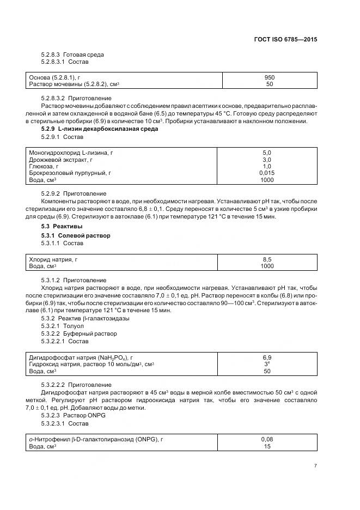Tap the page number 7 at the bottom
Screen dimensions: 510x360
click(315, 465)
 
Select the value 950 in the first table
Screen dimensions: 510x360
click(270, 77)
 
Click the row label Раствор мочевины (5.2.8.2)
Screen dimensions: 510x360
click(74, 84)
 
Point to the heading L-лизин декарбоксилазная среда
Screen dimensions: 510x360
click(100, 129)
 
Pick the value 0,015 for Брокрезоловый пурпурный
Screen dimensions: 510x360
click(267, 173)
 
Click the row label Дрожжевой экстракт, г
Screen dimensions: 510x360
click(60, 160)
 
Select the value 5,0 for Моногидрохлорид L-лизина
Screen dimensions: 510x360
click(267, 153)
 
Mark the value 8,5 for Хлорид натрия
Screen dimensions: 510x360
click(267, 260)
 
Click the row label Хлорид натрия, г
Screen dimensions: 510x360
click(53, 260)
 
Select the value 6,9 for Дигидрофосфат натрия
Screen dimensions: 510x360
click(267, 357)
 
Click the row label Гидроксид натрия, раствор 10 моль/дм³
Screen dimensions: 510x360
click(91, 364)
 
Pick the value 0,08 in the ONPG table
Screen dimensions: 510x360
click(267, 439)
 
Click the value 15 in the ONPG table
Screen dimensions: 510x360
click(267, 446)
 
